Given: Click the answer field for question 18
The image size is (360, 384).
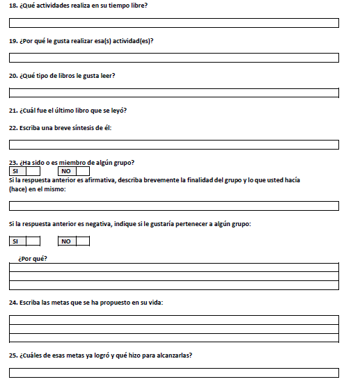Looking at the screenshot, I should [x=173, y=23].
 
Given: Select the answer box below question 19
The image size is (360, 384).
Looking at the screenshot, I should [x=173, y=58].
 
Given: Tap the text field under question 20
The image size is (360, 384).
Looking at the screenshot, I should [x=173, y=93].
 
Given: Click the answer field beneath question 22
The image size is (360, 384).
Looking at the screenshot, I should [x=173, y=145].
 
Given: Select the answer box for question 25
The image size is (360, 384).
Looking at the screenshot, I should [x=173, y=372].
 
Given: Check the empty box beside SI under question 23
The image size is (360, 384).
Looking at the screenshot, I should [x=33, y=171].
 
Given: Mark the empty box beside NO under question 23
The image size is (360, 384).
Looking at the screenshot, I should [x=83, y=171].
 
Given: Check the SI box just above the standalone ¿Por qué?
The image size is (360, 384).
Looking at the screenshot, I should [x=33, y=241].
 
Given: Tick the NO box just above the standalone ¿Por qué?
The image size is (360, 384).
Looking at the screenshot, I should [x=83, y=241].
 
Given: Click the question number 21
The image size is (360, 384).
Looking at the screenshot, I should [x=13, y=111].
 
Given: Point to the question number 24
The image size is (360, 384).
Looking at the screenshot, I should [x=13, y=303].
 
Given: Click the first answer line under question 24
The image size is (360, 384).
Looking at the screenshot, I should [x=173, y=320].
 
